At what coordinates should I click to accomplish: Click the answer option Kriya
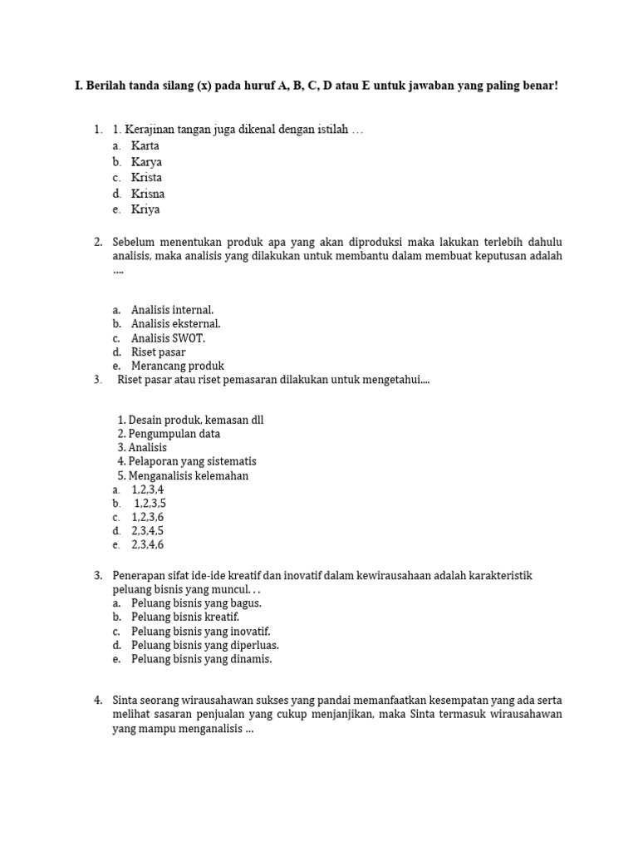tap(145, 209)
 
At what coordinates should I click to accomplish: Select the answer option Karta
tap(145, 145)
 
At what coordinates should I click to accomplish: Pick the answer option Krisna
tap(148, 194)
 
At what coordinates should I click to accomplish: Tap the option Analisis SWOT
tap(168, 338)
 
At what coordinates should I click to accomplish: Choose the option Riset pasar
tap(158, 352)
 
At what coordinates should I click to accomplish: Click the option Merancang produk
tap(177, 366)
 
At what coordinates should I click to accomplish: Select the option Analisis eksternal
tap(175, 324)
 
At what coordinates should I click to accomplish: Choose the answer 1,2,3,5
tap(150, 504)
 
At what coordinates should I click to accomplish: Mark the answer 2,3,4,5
tap(147, 531)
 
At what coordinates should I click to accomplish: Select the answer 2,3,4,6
tap(147, 545)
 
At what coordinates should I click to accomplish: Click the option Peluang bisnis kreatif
tap(184, 617)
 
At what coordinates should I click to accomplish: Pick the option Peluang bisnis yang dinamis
tap(201, 659)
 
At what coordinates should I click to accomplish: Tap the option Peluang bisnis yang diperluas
tap(204, 645)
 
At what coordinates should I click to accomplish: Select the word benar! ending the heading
tap(541, 86)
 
